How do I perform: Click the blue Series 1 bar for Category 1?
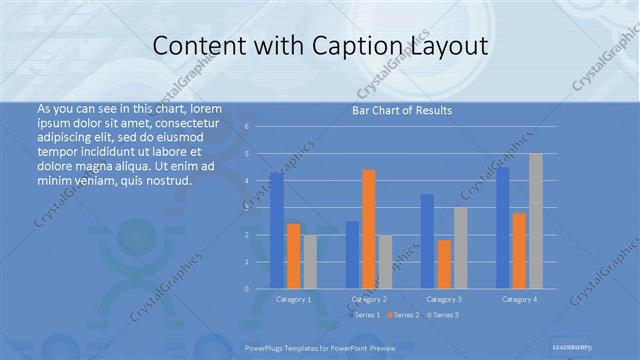click(x=276, y=231)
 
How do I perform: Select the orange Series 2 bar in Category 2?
click(x=369, y=229)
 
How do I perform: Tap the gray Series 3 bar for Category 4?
click(x=536, y=221)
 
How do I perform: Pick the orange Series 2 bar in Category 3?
click(x=444, y=264)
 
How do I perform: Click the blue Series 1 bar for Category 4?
click(x=503, y=228)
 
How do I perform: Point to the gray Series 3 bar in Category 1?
click(x=310, y=262)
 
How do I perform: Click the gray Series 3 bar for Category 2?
click(x=386, y=262)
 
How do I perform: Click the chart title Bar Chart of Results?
click(x=402, y=110)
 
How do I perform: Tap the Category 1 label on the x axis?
click(x=293, y=299)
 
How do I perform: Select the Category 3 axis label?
click(x=444, y=299)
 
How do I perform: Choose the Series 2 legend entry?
click(x=402, y=315)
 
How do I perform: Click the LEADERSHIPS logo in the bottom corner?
click(x=575, y=343)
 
